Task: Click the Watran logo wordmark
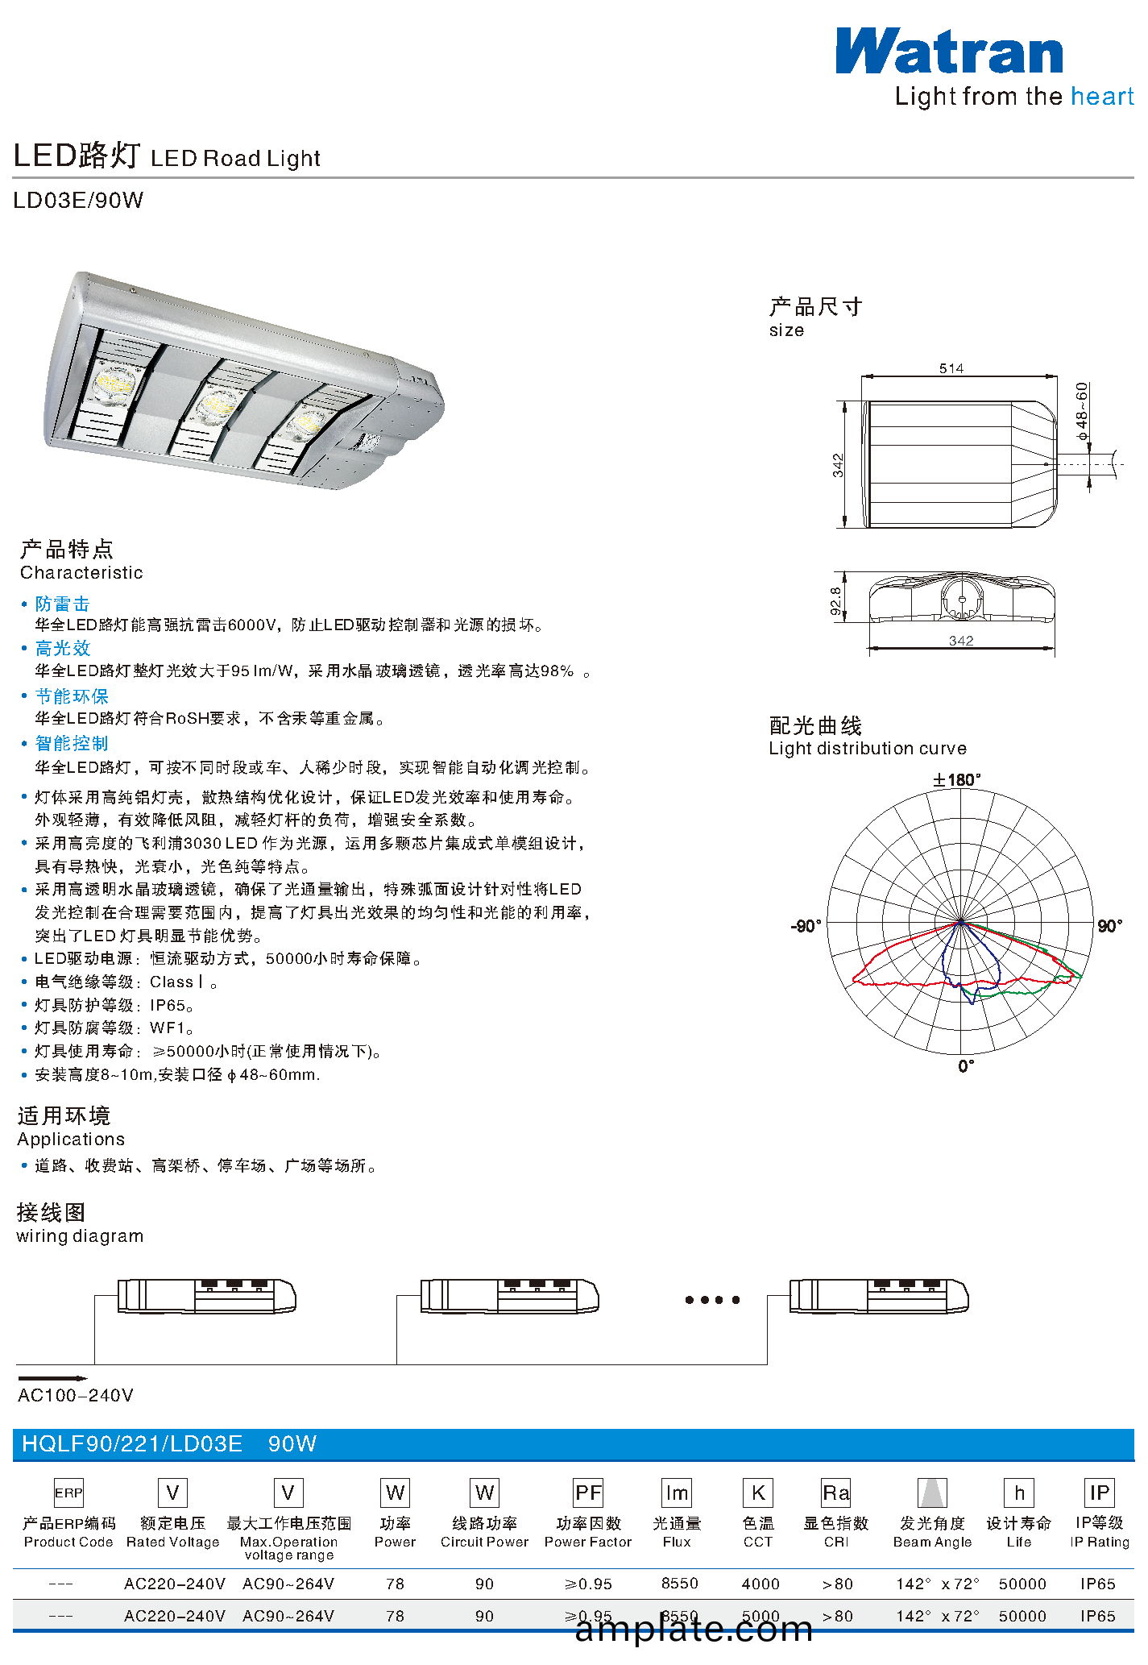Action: (949, 52)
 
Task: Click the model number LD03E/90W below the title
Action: (78, 200)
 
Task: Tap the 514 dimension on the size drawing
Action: (951, 368)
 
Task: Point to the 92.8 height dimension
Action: (836, 601)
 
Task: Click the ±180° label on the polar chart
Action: (957, 779)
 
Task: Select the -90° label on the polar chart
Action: (806, 926)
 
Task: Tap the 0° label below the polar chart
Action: (967, 1066)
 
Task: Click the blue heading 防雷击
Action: (62, 604)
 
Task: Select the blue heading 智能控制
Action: (72, 743)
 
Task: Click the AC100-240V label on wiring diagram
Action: (76, 1395)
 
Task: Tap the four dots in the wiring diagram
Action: (712, 1300)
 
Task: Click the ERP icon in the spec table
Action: (68, 1493)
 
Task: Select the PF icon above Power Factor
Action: (588, 1493)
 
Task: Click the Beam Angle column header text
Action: (933, 1542)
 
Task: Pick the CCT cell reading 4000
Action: (760, 1584)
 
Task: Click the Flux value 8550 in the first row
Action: (680, 1584)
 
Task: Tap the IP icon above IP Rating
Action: (1100, 1493)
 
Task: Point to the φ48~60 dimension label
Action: (1082, 411)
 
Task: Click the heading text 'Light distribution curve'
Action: (868, 749)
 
